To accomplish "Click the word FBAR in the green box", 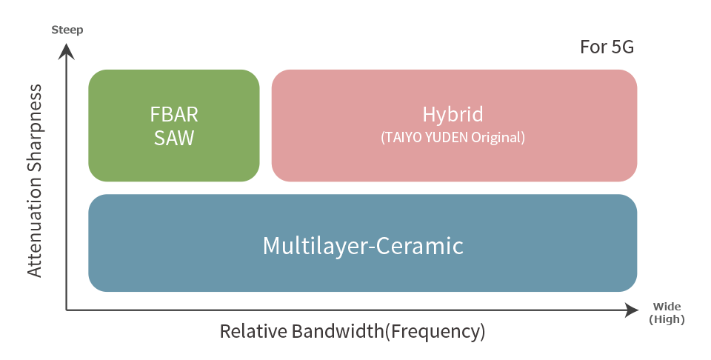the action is [174, 115].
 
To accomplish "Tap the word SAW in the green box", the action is [174, 139].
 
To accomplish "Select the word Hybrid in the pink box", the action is [453, 115].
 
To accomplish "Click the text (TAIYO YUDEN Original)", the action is [453, 137].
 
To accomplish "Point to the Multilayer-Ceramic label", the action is [363, 246].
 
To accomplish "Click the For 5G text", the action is [607, 47].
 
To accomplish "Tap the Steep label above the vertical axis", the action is [67, 30].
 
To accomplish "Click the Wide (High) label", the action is [667, 313].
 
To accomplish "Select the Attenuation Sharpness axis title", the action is [35, 181].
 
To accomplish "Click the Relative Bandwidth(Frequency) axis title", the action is [353, 331].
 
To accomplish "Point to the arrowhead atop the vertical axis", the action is [67, 51].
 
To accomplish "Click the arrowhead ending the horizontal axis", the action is [631, 310].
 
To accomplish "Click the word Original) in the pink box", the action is [498, 138].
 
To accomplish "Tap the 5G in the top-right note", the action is [623, 47].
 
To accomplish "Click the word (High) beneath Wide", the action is [667, 319].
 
